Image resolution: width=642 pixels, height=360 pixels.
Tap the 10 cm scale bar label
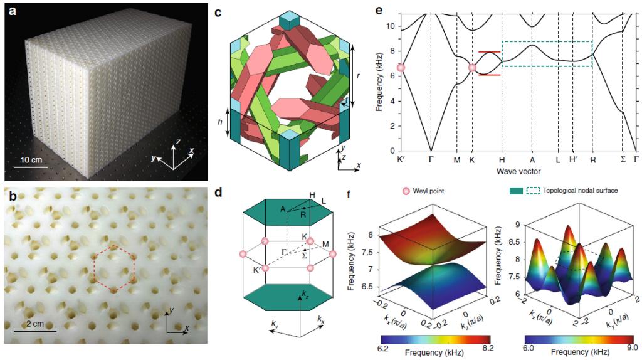(x=28, y=159)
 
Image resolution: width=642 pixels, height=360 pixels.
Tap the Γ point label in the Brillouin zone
(x=284, y=250)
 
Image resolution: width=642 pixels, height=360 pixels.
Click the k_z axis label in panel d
(x=305, y=294)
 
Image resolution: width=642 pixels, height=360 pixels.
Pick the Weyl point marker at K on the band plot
(x=473, y=68)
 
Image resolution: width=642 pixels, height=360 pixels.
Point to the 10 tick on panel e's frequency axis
(x=389, y=26)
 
